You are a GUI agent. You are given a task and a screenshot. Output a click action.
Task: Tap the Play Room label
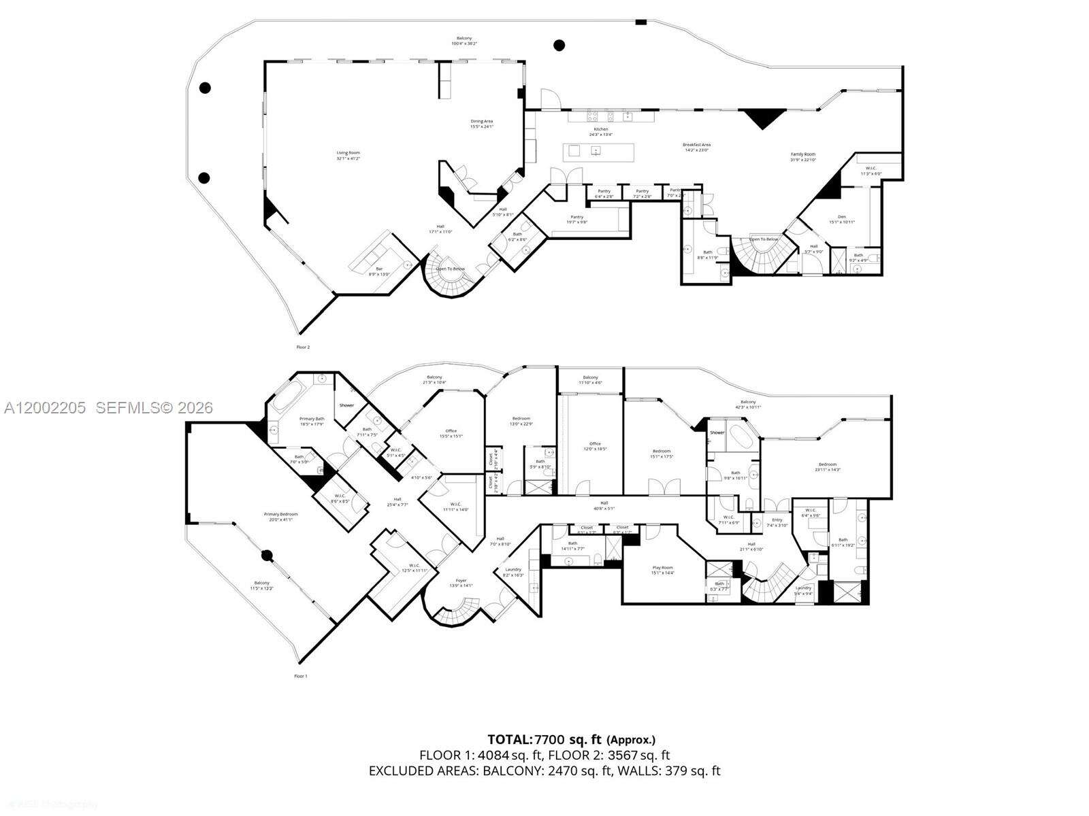[662, 570]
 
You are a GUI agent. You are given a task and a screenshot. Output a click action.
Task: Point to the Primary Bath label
[312, 422]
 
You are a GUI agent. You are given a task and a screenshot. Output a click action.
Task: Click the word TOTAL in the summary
[509, 739]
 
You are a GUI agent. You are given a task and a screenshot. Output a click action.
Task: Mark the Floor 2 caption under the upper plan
[303, 347]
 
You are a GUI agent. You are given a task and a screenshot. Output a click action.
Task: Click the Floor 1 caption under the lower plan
[300, 677]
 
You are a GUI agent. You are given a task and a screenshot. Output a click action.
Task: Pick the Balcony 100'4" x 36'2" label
[464, 41]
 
